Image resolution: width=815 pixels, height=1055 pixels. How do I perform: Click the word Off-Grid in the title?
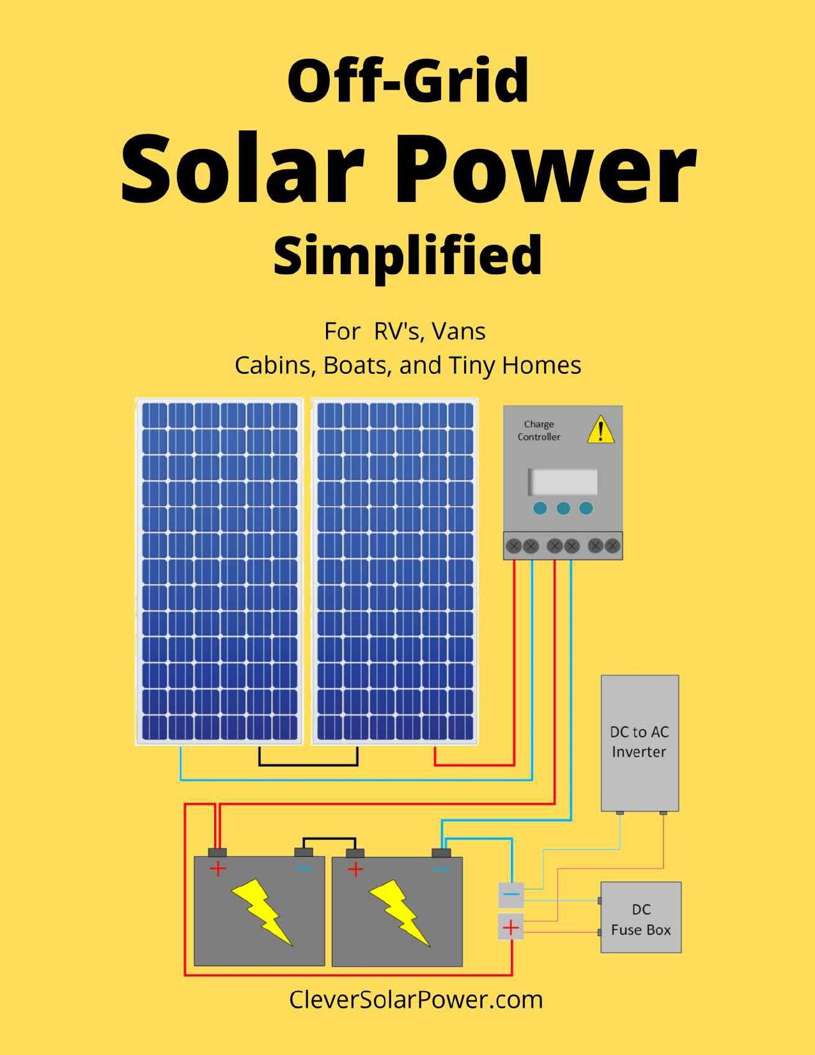408,81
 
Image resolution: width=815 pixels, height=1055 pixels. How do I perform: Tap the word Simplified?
408,255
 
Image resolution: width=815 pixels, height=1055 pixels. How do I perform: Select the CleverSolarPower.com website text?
415,999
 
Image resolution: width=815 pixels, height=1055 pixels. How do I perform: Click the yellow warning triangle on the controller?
601,430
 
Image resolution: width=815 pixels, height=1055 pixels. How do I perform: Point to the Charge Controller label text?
539,431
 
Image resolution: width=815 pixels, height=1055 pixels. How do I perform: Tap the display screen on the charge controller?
563,482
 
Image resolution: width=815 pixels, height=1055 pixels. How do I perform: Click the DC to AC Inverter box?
639,743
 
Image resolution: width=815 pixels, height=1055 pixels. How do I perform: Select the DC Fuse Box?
640,918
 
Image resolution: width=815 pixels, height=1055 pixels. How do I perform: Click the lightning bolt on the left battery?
261,911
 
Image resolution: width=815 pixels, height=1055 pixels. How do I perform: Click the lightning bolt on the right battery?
400,911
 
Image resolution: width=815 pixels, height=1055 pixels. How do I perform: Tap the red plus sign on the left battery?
218,869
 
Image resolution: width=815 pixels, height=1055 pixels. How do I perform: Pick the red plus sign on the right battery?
355,869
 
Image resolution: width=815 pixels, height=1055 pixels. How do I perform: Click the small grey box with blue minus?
511,895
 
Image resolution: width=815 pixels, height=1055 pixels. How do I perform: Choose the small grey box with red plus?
511,927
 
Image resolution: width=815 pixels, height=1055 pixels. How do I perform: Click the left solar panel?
219,571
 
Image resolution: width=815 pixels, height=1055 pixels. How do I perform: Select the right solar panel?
394,571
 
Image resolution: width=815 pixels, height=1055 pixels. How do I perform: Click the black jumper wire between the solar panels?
308,765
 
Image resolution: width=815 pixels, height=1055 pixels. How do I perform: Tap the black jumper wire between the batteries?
329,838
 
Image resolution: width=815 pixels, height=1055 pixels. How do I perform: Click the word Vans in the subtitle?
458,331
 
